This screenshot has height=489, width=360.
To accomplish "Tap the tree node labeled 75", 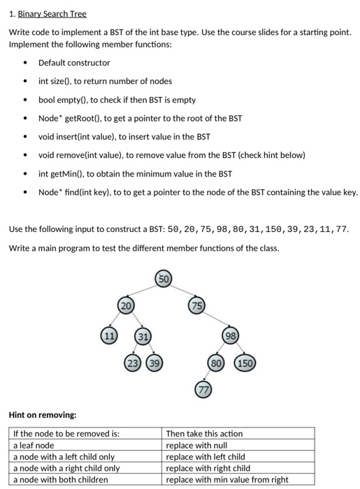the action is (196, 305).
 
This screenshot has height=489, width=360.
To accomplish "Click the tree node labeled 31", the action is (143, 337).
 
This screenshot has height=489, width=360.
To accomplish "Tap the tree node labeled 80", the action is (217, 363).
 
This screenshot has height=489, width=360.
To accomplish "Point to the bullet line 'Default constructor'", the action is (73, 63).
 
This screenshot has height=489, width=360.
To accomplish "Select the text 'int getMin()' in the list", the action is (61, 173).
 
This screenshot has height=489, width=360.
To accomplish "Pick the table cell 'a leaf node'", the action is (34, 445).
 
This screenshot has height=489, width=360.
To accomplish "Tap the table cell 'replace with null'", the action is (195, 445).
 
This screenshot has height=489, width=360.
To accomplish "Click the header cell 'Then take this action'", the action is (205, 433).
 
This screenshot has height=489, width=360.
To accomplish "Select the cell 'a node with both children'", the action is (61, 479).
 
